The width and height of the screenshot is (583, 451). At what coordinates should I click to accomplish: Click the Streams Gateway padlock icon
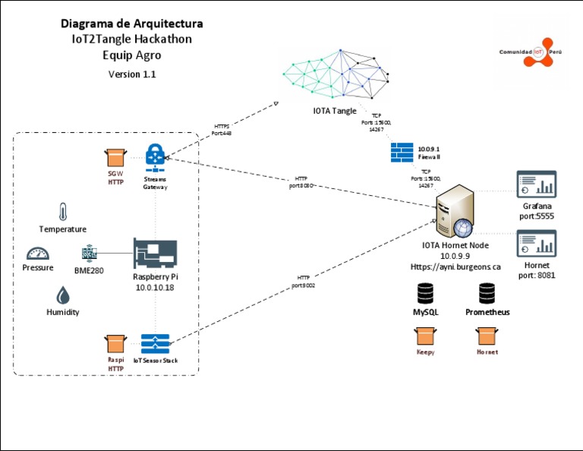155,157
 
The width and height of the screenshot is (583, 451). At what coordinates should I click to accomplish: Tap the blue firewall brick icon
402,151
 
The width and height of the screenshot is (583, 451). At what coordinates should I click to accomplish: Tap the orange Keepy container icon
425,336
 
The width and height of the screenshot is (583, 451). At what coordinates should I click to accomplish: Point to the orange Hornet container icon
487,336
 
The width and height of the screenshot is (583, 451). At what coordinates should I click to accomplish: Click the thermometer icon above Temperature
62,212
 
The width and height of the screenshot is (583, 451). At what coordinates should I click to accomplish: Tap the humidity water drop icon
61,295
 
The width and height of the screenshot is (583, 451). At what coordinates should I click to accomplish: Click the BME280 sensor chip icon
89,254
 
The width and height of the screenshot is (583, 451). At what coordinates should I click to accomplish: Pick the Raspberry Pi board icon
155,253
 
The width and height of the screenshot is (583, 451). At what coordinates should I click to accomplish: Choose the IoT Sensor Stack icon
155,343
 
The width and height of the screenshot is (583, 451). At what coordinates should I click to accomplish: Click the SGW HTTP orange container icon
115,158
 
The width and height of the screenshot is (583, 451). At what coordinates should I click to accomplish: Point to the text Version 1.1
132,74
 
